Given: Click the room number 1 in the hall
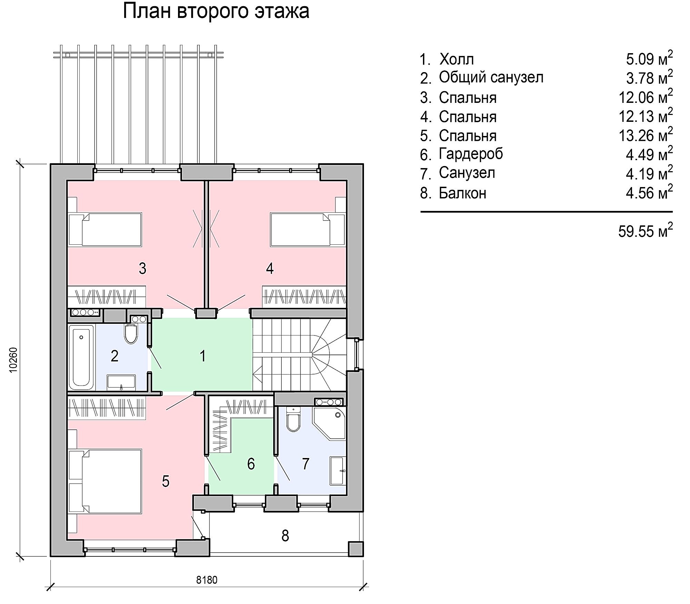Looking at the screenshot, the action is pyautogui.click(x=203, y=356).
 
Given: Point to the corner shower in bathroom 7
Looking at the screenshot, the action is pyautogui.click(x=329, y=423).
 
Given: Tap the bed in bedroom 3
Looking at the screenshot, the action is pyautogui.click(x=105, y=230).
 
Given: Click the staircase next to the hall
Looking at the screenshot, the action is pyautogui.click(x=299, y=355).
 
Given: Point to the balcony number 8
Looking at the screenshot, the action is pyautogui.click(x=285, y=536).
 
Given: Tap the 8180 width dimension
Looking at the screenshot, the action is pyautogui.click(x=207, y=579).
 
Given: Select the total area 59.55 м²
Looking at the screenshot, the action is pyautogui.click(x=645, y=230).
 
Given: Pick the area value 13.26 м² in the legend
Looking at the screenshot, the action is pyautogui.click(x=645, y=135).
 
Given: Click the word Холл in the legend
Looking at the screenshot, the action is pyautogui.click(x=456, y=59).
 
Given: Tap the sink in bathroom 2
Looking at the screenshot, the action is pyautogui.click(x=121, y=382).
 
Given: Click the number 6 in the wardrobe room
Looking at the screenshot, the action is pyautogui.click(x=251, y=464).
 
